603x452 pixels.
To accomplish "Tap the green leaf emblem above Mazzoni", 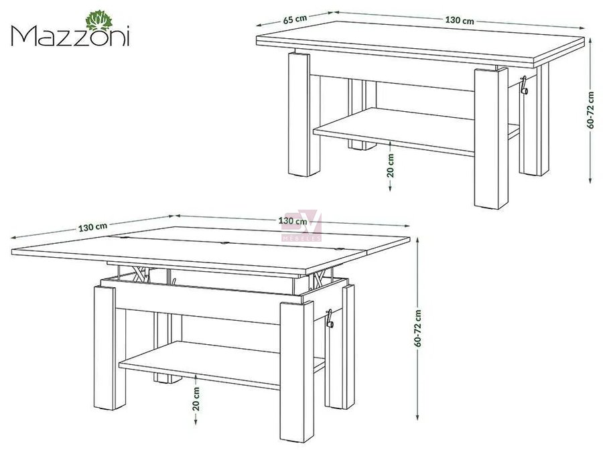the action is (x=99, y=21).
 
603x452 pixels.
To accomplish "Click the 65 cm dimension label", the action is (x=295, y=19).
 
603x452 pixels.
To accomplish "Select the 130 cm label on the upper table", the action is (x=460, y=20).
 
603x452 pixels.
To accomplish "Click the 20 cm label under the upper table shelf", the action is (x=391, y=165).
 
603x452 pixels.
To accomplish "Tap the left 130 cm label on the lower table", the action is (x=92, y=227).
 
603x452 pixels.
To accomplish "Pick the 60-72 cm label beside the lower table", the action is (x=418, y=328).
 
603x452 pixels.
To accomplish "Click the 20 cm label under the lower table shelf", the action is (x=196, y=398).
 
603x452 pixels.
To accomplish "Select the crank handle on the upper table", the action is (x=524, y=86).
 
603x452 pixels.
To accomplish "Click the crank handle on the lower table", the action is (x=330, y=319).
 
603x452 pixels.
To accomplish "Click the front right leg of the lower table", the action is (x=297, y=372).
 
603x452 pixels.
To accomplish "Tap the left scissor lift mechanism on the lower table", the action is (x=141, y=274).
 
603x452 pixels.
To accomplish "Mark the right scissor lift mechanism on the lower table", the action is (x=320, y=279).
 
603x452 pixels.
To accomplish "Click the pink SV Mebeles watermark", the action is (x=302, y=226).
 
